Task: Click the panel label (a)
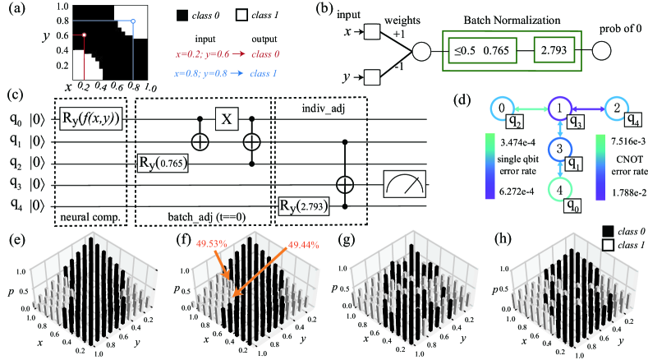click(14, 9)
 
